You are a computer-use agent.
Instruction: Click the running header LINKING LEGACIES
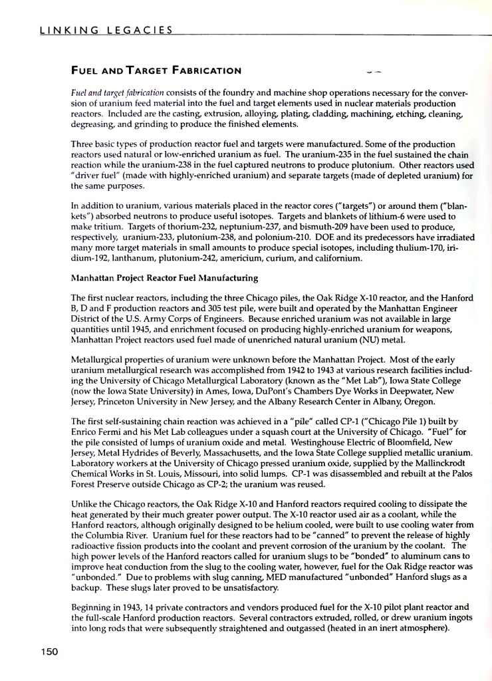pyautogui.click(x=106, y=30)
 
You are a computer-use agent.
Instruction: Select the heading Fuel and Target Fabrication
pyautogui.click(x=156, y=70)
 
